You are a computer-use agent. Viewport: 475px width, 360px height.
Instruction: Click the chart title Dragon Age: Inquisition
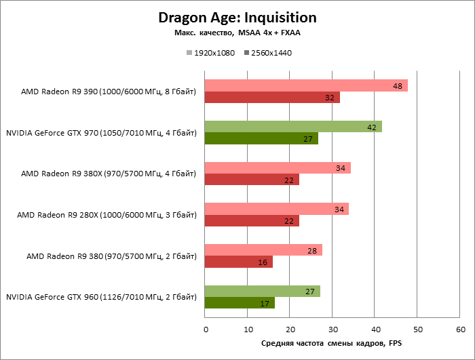coord(237,17)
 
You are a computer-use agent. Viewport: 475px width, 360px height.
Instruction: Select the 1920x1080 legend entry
coord(210,52)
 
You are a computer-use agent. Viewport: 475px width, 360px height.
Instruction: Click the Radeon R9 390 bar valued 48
coord(306,85)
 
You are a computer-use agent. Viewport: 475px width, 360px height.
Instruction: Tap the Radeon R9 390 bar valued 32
coord(272,98)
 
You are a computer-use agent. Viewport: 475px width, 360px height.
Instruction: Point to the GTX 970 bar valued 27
coord(261,139)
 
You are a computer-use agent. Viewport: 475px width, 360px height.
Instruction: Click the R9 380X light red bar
coord(278,167)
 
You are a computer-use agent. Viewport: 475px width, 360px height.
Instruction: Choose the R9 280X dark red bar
coord(252,221)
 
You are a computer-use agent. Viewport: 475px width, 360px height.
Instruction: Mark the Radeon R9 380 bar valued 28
coord(263,250)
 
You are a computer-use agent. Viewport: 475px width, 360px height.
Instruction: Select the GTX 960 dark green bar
coord(240,303)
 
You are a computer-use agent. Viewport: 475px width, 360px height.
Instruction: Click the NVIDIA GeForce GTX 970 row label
coord(101,133)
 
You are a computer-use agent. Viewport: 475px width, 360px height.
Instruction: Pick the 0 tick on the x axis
coord(205,329)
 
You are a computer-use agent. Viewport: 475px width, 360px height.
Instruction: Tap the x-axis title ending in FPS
coord(331,344)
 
